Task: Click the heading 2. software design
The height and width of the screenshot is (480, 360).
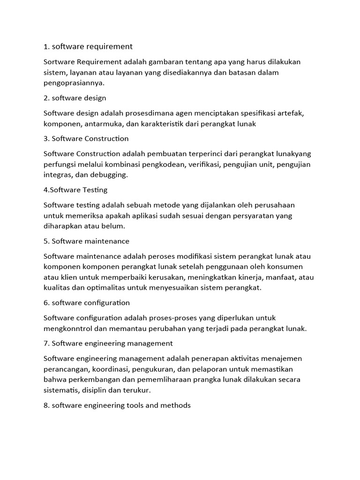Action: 75,98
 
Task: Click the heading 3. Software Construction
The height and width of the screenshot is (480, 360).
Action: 86,139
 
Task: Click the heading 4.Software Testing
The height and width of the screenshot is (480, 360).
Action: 75,190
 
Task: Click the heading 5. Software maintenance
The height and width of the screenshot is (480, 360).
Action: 86,241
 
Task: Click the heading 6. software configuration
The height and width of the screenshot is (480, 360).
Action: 87,303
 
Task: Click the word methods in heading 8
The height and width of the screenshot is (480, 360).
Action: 176,405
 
